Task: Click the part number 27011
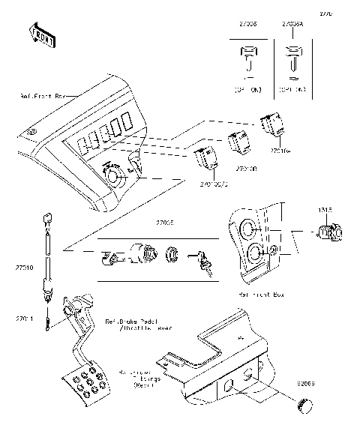click(x=25, y=319)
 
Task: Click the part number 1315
click(x=324, y=210)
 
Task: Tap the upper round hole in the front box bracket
click(x=250, y=229)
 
